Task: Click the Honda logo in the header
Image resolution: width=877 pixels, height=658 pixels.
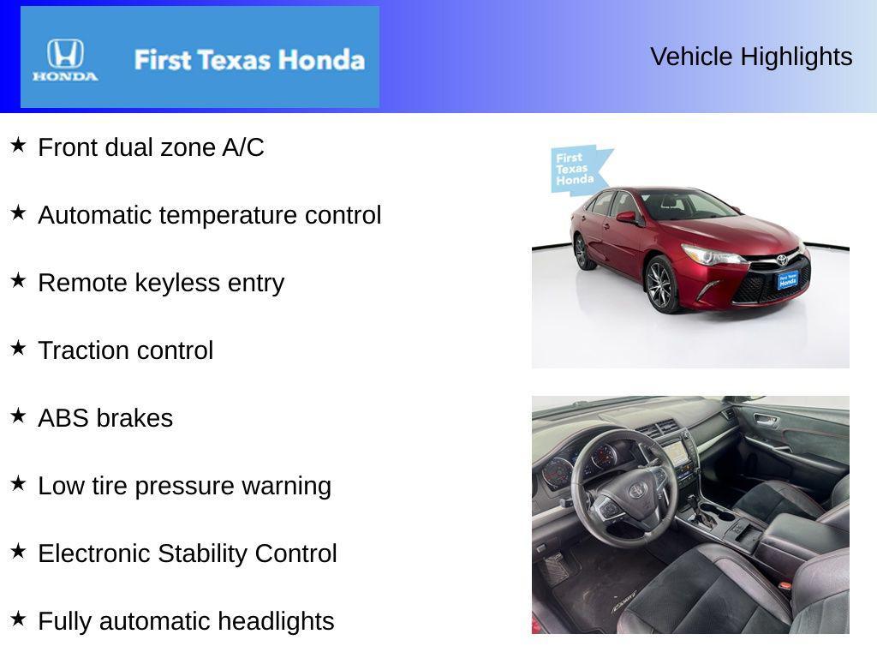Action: coord(65,59)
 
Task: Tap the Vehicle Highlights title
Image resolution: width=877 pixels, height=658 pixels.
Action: coord(751,57)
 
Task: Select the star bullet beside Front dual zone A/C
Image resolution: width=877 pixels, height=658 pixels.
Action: coord(18,145)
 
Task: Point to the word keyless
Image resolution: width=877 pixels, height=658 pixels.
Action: coord(177,283)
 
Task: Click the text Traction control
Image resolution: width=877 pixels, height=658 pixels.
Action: coord(126,350)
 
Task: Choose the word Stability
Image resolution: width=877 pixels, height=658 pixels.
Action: coord(202,554)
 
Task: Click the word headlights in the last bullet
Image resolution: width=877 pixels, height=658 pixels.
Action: coord(276,621)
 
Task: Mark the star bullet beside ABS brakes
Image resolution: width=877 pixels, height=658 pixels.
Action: coord(18,416)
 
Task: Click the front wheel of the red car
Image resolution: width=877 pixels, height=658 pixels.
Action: coord(660,285)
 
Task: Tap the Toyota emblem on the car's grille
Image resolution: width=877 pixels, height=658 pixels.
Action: coord(781,260)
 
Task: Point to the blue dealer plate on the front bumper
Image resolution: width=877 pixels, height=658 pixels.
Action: coord(788,280)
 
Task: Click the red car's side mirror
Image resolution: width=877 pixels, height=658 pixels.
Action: coord(626,217)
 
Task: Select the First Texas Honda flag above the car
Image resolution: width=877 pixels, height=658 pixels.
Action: coord(579,170)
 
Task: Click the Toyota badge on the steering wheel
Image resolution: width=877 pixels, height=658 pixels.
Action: coord(637,491)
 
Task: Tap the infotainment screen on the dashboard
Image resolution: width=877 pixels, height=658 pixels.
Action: coord(677,452)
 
